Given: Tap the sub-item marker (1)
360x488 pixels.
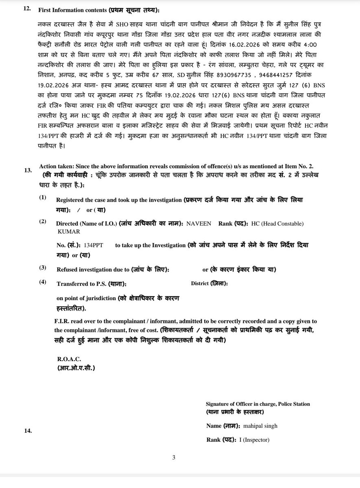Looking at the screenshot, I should (x=43, y=198).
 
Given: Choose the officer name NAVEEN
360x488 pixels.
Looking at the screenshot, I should (x=199, y=224).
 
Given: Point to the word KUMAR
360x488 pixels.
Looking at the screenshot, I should (x=69, y=231).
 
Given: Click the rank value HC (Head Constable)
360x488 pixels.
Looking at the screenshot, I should (x=277, y=224).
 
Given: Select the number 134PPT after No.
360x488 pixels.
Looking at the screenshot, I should (x=94, y=246).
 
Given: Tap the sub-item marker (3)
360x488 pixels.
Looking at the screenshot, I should (x=43, y=268).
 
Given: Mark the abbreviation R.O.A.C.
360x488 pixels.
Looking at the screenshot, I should (x=69, y=359).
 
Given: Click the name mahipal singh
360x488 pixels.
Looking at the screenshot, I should (x=261, y=426).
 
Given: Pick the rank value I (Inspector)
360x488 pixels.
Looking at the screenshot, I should (x=254, y=440).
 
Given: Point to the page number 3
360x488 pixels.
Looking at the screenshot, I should (x=174, y=457).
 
